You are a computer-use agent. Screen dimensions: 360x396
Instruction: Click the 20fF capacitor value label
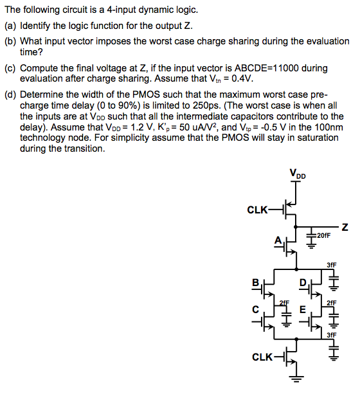323,235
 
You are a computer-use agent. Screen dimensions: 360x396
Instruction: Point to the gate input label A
278,241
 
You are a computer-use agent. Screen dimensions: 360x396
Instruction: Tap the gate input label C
255,309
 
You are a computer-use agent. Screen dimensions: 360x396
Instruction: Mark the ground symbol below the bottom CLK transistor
296,379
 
